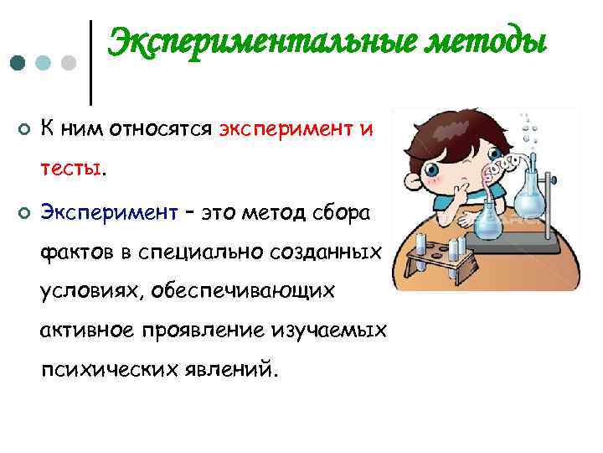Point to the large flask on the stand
pos(530,197)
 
